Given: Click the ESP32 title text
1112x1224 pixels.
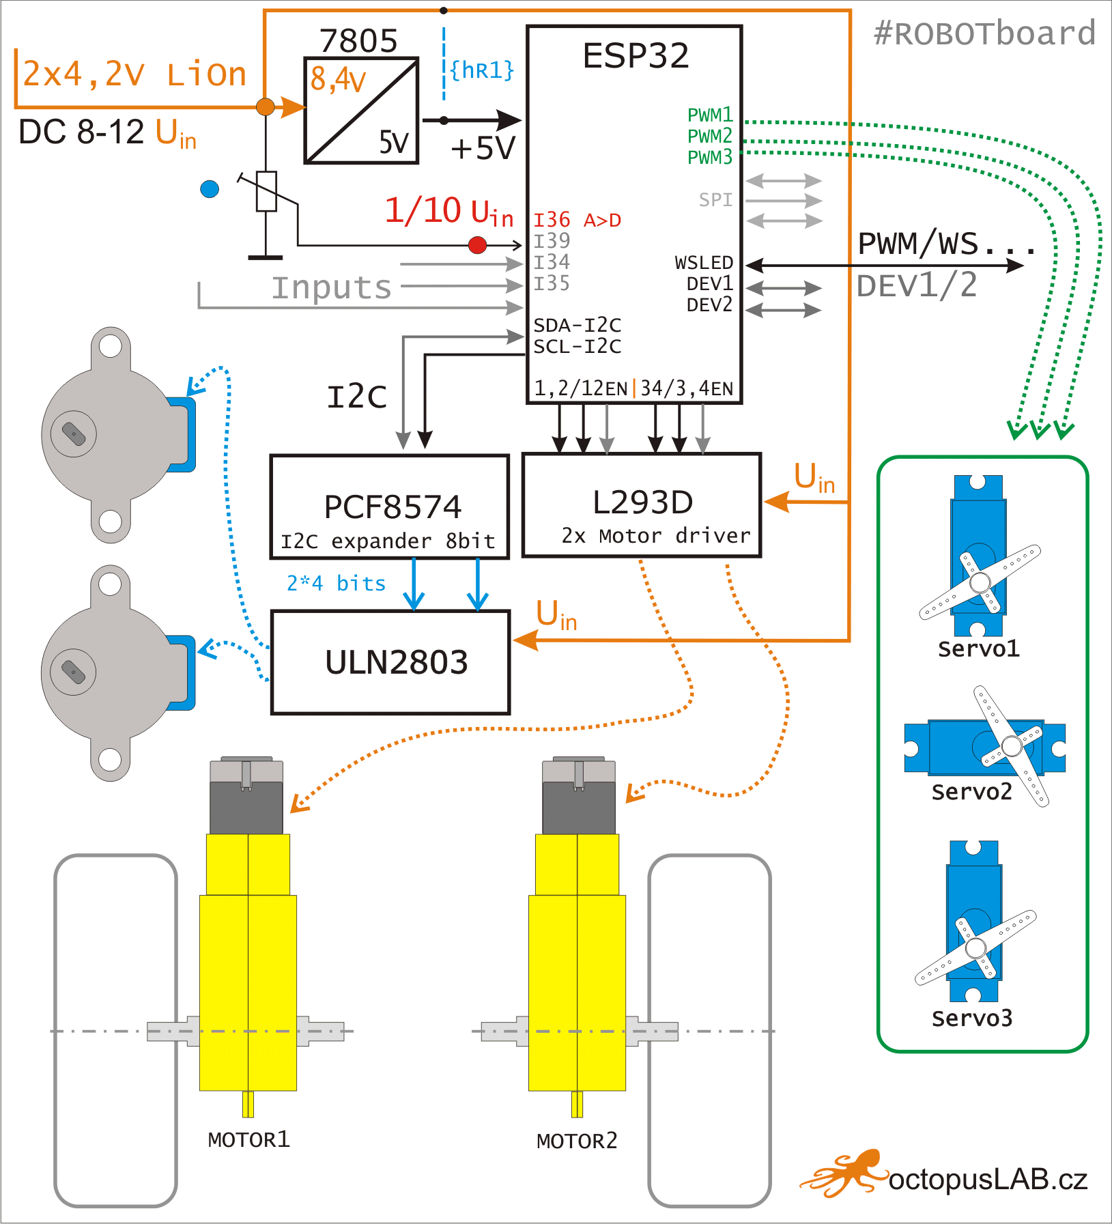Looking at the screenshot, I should [x=636, y=56].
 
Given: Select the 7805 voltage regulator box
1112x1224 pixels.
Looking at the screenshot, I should [x=361, y=111].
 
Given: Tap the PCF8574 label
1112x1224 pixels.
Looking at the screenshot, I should [x=393, y=507].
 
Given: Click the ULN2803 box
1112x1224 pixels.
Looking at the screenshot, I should [x=390, y=662].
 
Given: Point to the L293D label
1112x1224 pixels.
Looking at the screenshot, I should [x=642, y=502].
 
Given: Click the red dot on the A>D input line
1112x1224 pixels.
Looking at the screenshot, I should [x=478, y=244].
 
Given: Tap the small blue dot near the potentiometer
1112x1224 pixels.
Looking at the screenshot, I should [x=210, y=189].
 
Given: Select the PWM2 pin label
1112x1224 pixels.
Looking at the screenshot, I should [x=709, y=136].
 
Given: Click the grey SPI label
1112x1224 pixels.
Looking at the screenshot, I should [x=715, y=200].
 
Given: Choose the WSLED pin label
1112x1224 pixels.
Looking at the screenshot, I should [x=704, y=263].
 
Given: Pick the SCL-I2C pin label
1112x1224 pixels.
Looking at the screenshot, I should [x=577, y=347].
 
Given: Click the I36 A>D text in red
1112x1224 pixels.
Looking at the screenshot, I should [x=577, y=220].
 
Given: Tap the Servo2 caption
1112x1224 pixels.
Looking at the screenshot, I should [x=971, y=792].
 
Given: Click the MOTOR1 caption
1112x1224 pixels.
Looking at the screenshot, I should [x=249, y=1139].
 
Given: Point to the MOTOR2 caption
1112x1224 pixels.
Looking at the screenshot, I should [x=577, y=1141].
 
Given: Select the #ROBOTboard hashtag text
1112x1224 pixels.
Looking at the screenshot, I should [x=984, y=33].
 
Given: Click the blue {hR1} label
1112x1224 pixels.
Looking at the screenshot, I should [x=482, y=70].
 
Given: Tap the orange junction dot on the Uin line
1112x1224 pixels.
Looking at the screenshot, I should [x=266, y=106].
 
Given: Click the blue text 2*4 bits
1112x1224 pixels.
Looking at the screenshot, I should [x=336, y=584].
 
